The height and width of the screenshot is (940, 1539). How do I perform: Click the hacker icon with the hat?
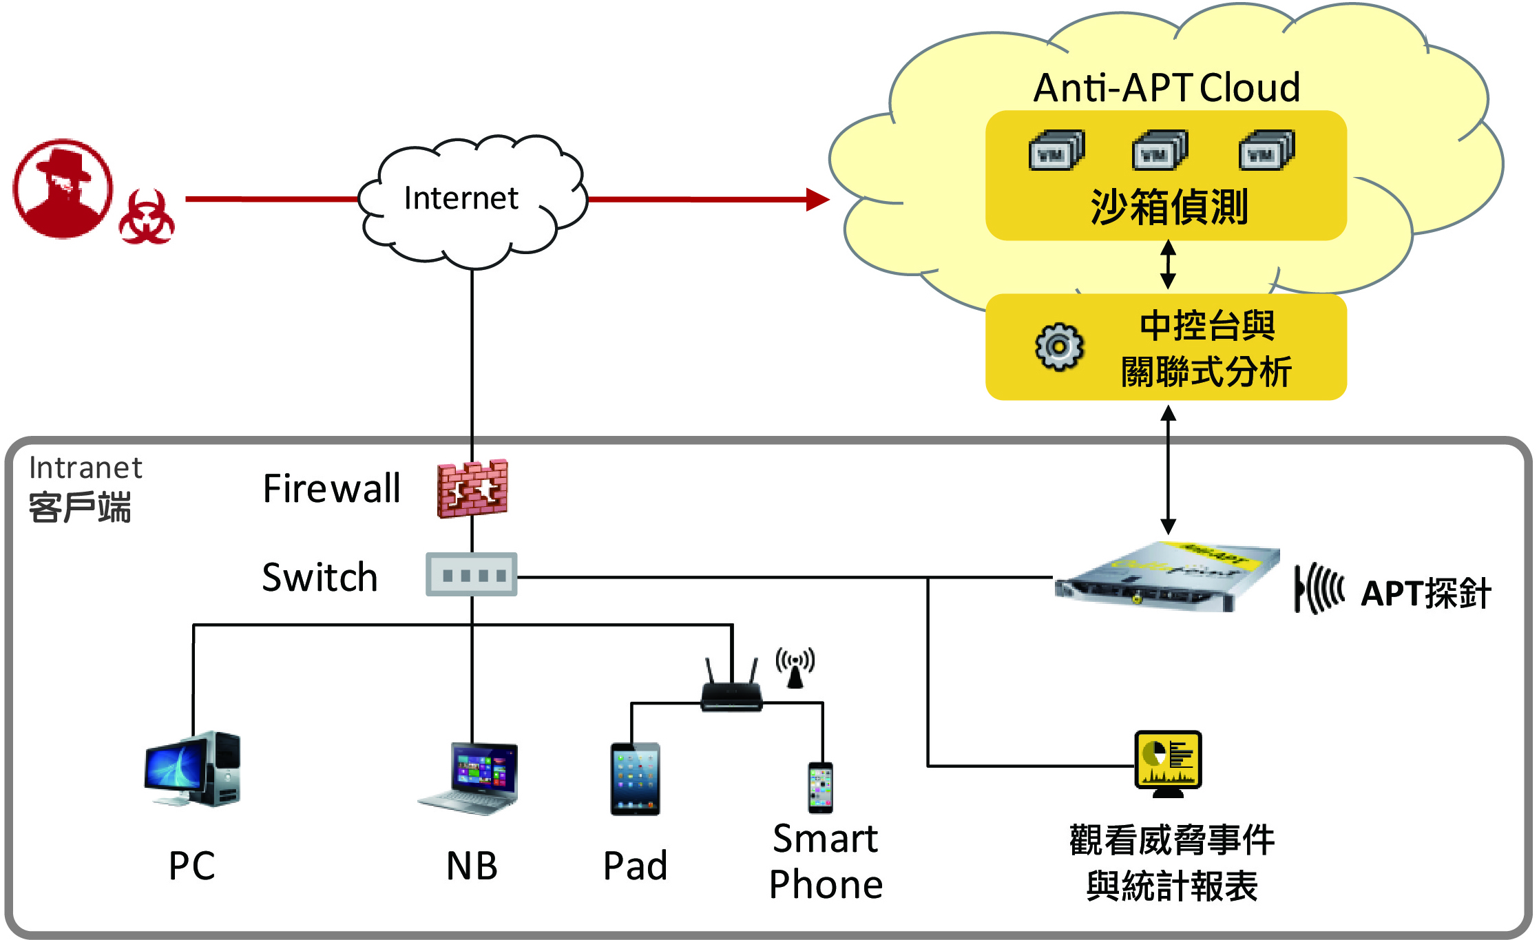[x=63, y=189]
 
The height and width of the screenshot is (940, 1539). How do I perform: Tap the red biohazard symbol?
[x=146, y=218]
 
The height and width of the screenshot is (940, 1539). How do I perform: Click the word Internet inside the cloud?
[x=461, y=198]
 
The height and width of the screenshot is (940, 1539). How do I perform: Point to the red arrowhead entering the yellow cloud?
[x=817, y=200]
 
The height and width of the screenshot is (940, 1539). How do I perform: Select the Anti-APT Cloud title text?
[x=1166, y=88]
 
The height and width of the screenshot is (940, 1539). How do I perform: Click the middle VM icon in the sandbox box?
[x=1160, y=150]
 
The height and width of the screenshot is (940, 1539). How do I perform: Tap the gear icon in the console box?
[x=1059, y=346]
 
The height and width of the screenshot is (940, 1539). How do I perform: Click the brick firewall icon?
[x=472, y=488]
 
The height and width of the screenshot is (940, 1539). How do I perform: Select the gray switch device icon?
[x=472, y=574]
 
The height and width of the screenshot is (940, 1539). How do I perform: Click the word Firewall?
[x=331, y=489]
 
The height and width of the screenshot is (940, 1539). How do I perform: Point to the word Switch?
[x=320, y=577]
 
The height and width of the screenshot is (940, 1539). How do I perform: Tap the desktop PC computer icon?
[x=193, y=769]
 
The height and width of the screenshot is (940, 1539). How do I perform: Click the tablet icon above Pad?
[x=635, y=779]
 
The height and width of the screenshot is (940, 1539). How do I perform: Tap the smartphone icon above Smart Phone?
[x=820, y=787]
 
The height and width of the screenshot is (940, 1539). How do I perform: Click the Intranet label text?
[x=85, y=468]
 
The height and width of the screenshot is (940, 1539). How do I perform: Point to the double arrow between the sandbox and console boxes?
[x=1168, y=264]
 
